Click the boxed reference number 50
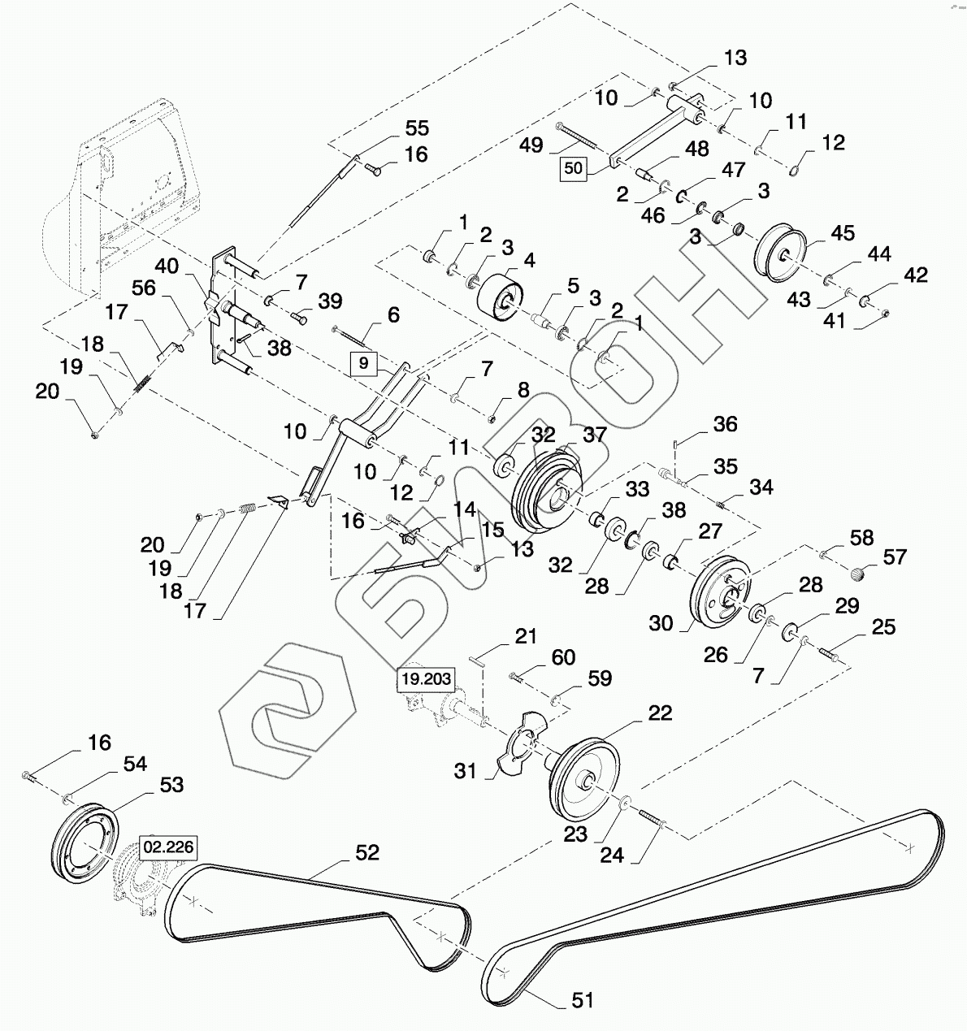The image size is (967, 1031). [x=574, y=169]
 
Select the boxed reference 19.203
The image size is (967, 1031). [x=427, y=679]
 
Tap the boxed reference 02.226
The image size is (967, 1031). [x=169, y=847]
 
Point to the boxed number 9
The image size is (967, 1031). [x=363, y=363]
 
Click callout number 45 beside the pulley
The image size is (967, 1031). [x=843, y=234]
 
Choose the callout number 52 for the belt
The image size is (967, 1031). [x=367, y=852]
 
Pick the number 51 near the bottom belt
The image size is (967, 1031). [x=582, y=1000]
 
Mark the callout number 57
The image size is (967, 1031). [x=895, y=557]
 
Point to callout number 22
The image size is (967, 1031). [x=660, y=713]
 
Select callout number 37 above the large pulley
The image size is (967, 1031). [x=595, y=435]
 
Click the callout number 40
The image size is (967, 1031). [x=167, y=266]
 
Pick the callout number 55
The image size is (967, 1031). [x=417, y=128]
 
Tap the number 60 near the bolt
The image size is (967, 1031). [x=563, y=657]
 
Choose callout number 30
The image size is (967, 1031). [x=661, y=623]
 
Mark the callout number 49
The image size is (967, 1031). [x=531, y=145]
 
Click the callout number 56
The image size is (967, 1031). [x=143, y=288]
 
